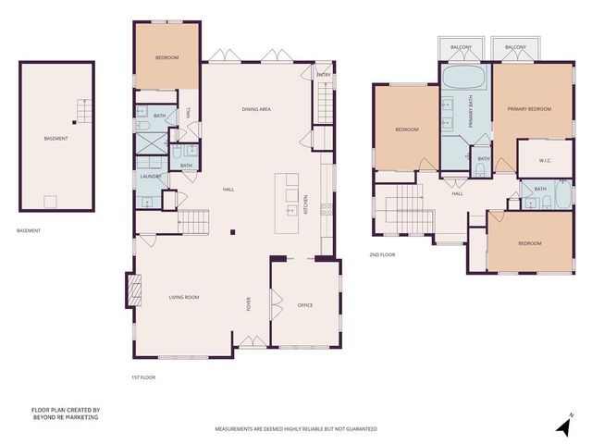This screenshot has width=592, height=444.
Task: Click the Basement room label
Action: tap(55, 139)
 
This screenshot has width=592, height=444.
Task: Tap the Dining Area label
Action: tap(256, 110)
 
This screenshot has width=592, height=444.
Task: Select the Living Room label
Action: tap(184, 297)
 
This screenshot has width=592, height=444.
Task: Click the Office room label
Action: tap(305, 304)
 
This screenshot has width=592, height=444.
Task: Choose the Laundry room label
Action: tap(150, 177)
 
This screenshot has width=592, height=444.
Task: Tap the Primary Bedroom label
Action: tap(529, 109)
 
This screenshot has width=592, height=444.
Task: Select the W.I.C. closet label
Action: tap(546, 160)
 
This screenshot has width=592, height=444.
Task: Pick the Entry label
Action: tap(323, 75)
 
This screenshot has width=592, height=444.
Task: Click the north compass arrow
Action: tap(561, 425)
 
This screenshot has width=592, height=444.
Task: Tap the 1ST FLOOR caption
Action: tap(143, 377)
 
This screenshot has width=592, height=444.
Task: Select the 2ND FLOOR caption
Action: tap(382, 253)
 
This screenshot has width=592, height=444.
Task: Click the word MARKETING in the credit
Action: tap(80, 417)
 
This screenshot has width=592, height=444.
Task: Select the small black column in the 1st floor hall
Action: tap(232, 231)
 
